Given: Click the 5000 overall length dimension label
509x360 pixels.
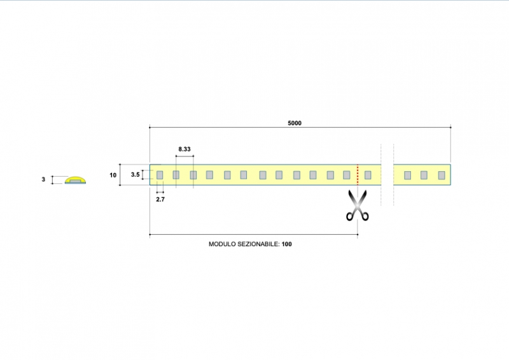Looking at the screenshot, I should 295,123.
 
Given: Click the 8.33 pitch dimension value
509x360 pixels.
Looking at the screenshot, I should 185,149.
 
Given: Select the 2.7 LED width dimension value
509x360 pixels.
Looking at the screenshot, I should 160,198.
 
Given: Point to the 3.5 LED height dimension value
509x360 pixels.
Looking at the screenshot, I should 135,174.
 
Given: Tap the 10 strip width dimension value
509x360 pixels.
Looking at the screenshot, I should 113,174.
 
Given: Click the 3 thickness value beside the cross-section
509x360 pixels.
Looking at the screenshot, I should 43,180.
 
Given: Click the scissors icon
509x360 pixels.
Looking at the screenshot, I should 358,205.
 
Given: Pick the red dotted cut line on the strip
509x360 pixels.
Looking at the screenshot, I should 358,174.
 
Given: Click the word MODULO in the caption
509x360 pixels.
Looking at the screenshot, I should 222,244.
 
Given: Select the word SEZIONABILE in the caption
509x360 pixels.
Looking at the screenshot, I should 258,244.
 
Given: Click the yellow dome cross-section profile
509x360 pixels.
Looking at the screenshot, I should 76,179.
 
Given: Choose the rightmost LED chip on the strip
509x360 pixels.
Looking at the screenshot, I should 441,175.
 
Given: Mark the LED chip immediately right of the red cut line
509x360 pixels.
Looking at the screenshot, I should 368,175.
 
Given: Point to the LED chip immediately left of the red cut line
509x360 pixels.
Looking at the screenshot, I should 347,175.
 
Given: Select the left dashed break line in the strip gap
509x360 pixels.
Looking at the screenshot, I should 381,174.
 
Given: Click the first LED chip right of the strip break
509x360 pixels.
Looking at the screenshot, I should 407,175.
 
